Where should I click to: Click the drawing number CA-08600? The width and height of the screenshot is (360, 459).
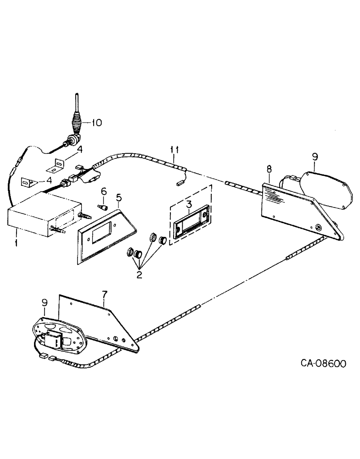pyautogui.click(x=323, y=364)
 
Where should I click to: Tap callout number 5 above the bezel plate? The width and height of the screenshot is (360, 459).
pyautogui.click(x=118, y=198)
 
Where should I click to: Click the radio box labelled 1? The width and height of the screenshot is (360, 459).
pyautogui.click(x=44, y=216)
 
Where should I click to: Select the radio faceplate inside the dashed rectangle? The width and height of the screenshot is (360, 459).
pyautogui.click(x=191, y=225)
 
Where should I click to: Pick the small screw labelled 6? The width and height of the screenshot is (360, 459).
pyautogui.click(x=103, y=207)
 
